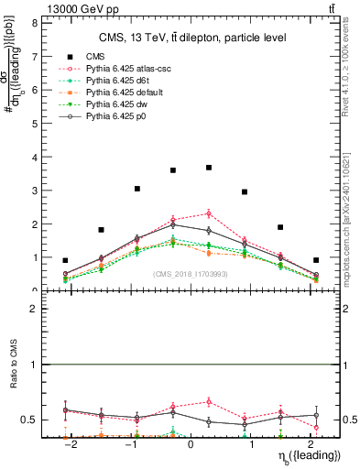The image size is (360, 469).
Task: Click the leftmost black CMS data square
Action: pos(65,260)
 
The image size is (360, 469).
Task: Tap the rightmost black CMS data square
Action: pos(316,260)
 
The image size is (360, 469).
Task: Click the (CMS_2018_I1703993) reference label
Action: pos(190,274)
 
